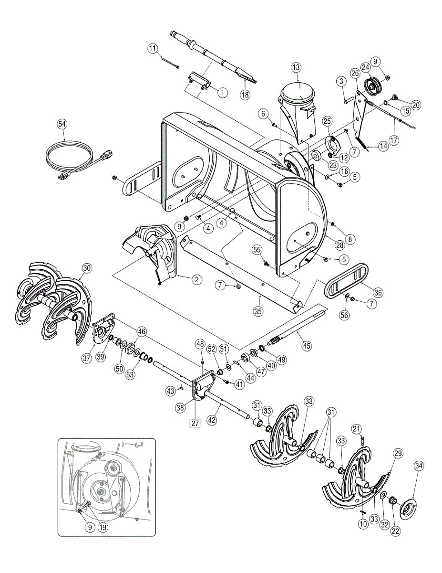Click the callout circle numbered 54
[x=62, y=124]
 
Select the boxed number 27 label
[x=195, y=423]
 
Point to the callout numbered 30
[x=86, y=268]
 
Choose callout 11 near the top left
[x=152, y=48]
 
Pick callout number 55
[x=257, y=250]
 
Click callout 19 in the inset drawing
[x=103, y=528]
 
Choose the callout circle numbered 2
[x=196, y=280]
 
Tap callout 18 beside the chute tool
[x=245, y=94]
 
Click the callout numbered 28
[x=339, y=245]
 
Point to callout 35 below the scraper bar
[x=257, y=312]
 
